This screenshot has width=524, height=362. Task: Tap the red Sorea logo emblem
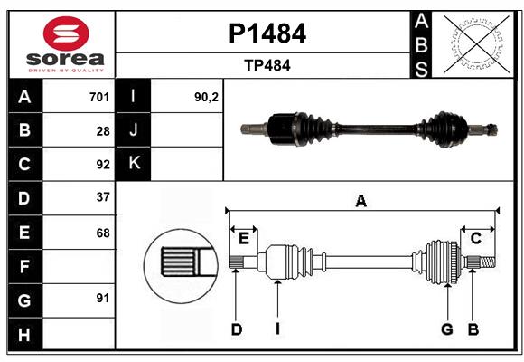[x=66, y=35]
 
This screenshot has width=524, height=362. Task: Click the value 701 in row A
[x=99, y=97]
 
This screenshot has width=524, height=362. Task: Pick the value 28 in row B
[x=103, y=131]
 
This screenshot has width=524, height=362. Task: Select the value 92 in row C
[x=103, y=165]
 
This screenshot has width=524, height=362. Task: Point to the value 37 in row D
[x=103, y=196]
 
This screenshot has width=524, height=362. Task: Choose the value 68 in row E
[x=103, y=233]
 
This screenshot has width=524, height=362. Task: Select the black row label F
[x=24, y=267]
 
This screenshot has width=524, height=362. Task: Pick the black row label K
[x=135, y=164]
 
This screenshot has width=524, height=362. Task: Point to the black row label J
[x=135, y=130]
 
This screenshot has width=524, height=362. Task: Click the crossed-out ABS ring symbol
[x=475, y=43]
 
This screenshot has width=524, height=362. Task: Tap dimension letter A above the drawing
[x=361, y=202]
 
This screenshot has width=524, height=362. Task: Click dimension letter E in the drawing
[x=243, y=238]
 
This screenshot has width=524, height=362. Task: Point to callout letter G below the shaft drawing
[x=446, y=329]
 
